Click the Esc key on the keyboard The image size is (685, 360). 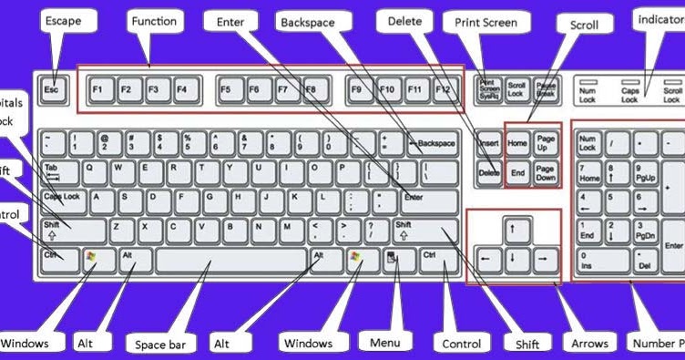[52, 90]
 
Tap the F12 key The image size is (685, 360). [443, 90]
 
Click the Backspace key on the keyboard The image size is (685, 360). [432, 143]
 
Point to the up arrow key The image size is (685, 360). [513, 227]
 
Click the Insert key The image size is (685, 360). [488, 143]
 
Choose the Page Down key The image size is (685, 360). [545, 172]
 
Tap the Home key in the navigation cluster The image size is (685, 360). [516, 143]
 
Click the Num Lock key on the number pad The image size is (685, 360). [587, 143]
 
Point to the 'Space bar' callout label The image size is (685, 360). [163, 345]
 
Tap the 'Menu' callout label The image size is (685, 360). [386, 343]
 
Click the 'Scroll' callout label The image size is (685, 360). [584, 26]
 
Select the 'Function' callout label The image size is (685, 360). [154, 21]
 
